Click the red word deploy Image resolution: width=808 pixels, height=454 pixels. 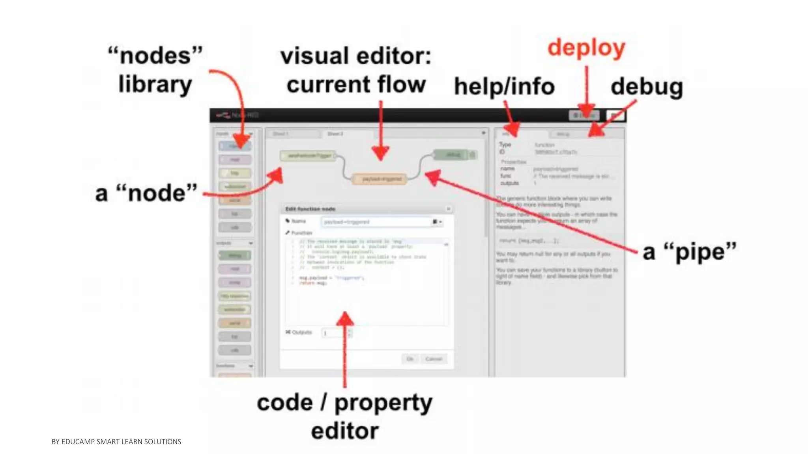586,48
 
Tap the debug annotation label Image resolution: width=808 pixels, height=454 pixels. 647,87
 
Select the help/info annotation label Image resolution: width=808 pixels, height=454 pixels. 504,86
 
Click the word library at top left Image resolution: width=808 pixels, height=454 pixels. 155,84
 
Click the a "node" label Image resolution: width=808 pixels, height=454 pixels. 146,193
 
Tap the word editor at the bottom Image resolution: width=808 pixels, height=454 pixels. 345,431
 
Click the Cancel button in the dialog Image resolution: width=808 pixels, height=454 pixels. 434,359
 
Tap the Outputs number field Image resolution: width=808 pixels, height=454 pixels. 335,333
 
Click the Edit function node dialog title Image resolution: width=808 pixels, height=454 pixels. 310,209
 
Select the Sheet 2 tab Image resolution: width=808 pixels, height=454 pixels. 335,134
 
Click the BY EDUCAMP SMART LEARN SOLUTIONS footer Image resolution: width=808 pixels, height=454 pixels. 116,442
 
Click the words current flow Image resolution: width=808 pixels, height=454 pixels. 356,84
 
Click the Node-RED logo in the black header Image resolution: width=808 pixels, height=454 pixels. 237,115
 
